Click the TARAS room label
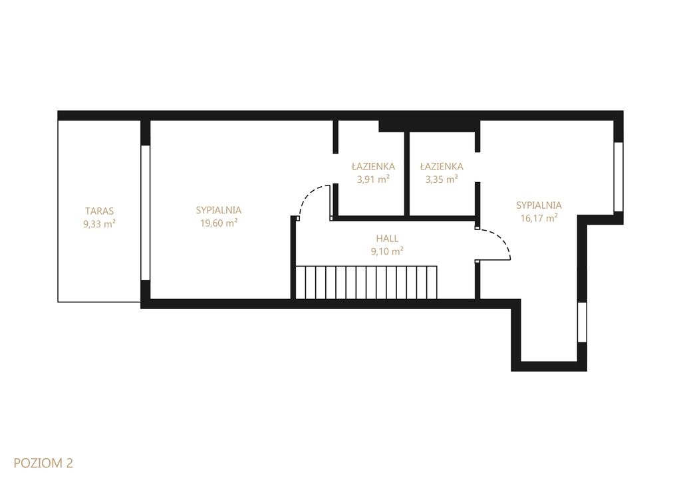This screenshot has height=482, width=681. (100, 211)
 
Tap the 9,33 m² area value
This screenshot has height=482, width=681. (100, 224)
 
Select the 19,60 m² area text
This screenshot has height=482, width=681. (218, 223)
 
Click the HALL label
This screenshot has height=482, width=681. (387, 239)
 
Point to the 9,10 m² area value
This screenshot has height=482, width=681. (388, 251)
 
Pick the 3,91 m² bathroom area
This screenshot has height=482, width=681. (373, 179)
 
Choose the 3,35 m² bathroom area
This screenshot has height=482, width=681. (442, 179)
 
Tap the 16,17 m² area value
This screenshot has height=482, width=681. (539, 217)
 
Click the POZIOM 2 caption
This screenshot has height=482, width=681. (43, 463)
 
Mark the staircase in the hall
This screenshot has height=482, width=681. (366, 283)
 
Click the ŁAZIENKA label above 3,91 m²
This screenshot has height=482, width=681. (373, 166)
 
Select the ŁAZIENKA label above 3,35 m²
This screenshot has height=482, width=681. (442, 166)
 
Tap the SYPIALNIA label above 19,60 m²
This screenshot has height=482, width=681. (218, 210)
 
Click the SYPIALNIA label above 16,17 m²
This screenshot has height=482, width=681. (539, 205)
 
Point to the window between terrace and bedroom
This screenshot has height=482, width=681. (146, 213)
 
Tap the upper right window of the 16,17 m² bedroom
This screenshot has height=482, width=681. (618, 177)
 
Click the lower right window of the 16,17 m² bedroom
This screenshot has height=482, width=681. (582, 322)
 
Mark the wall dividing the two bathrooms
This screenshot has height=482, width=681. (407, 174)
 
